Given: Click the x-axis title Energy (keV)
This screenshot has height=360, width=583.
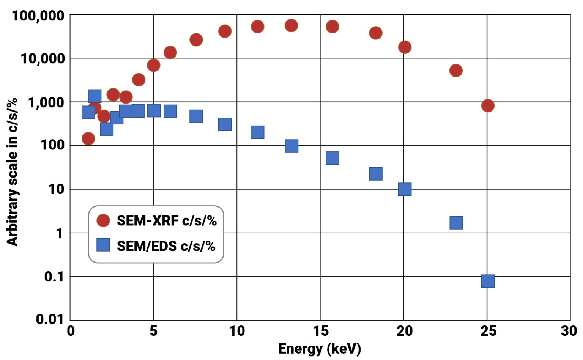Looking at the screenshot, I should pos(319,349).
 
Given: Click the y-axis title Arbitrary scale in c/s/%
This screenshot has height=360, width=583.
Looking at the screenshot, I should pos(12,171).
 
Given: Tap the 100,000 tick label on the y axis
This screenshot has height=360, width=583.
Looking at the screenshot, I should pos(38,16).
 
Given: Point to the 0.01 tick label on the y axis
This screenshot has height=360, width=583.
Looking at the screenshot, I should pos(50,319).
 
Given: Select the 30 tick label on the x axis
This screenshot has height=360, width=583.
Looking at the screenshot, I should pos(569,331).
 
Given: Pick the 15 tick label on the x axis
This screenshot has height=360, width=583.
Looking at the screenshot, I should pos(321,331).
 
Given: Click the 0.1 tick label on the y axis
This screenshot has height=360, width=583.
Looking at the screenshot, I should pos(54,277).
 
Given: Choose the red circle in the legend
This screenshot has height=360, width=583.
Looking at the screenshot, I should pos(103,220).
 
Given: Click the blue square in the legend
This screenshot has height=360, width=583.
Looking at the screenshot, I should pos(103,245).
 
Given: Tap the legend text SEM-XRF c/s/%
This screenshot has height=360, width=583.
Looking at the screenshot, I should pos(167,220).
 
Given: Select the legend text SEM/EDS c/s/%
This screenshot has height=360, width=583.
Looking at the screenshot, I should pos(166,246).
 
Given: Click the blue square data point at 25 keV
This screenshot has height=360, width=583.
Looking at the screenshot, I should pos(488,281).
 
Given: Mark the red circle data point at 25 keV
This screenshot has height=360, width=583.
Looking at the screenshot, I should pos(488,105).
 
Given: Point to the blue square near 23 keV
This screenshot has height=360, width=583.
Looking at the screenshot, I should pos(456,223).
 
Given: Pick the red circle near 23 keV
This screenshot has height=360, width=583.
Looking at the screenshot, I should pos(456,71).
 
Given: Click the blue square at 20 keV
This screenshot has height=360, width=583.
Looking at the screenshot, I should pos(405,189).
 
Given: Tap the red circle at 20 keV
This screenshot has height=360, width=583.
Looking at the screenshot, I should pos(405,47).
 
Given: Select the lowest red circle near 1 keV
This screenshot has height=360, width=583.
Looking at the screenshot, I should pos(88,139).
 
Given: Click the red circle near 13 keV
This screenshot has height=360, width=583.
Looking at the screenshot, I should pos(291,26).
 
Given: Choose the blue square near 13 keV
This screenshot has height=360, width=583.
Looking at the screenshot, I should pos(291,146).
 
